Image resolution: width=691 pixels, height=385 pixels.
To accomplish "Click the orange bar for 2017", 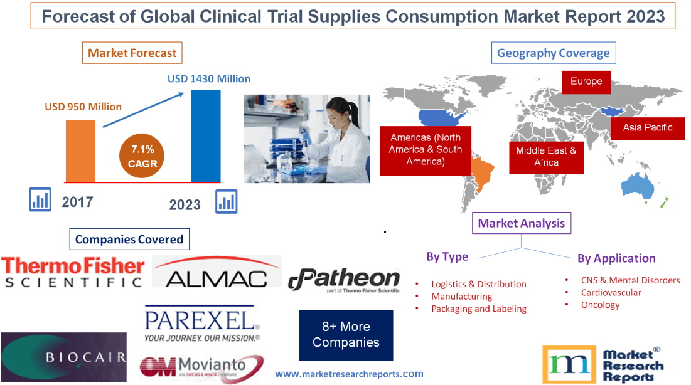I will (81, 150).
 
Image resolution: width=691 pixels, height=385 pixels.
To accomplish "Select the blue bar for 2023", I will (206, 135).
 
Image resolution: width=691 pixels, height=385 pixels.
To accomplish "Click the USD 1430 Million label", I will (208, 79).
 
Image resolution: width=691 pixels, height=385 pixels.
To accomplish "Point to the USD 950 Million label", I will (83, 107).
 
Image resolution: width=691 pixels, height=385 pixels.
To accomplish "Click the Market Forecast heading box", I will (132, 53).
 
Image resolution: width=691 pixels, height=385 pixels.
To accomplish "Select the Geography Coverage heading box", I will (553, 53).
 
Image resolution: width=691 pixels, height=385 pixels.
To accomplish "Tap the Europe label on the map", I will (586, 82).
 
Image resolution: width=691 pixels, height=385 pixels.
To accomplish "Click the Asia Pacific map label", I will (647, 128).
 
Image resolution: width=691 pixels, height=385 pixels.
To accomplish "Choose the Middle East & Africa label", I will (546, 156).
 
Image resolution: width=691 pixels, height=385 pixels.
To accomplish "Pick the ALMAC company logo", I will (217, 272).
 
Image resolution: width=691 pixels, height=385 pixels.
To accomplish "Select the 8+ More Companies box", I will (346, 335).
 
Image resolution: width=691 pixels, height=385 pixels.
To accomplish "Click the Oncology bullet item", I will (600, 305).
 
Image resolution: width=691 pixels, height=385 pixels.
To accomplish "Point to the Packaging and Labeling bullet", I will (479, 309).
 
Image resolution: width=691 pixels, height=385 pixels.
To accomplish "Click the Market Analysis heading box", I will (521, 223).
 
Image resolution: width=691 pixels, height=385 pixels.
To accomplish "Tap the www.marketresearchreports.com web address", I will (349, 374).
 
